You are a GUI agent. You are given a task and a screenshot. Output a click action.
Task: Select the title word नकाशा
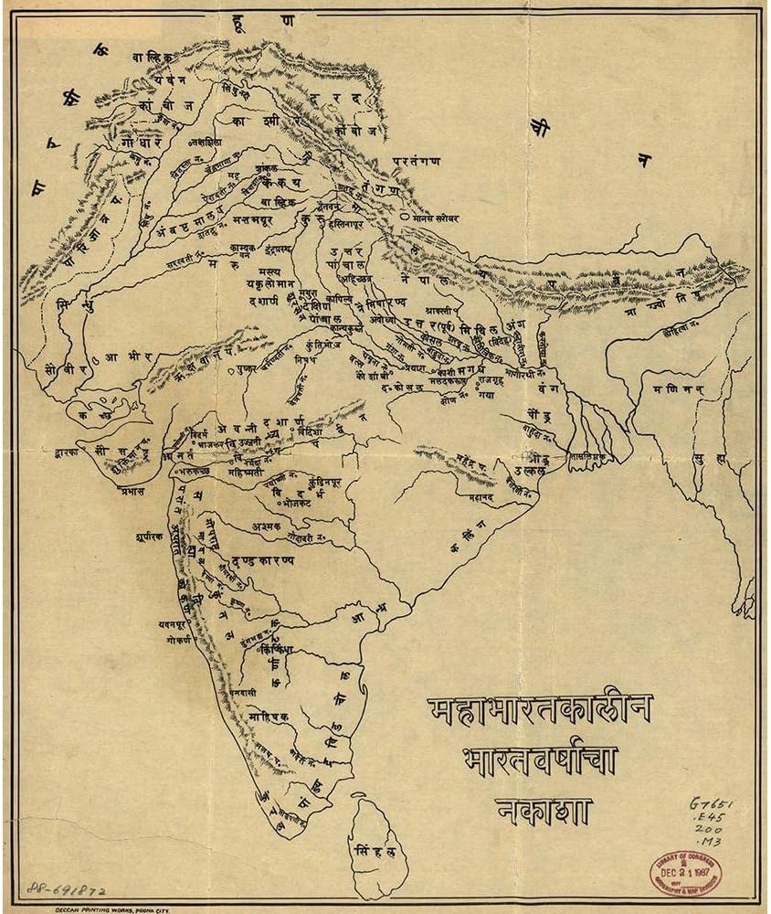click(545, 810)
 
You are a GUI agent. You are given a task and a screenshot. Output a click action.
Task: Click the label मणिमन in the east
click(675, 388)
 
